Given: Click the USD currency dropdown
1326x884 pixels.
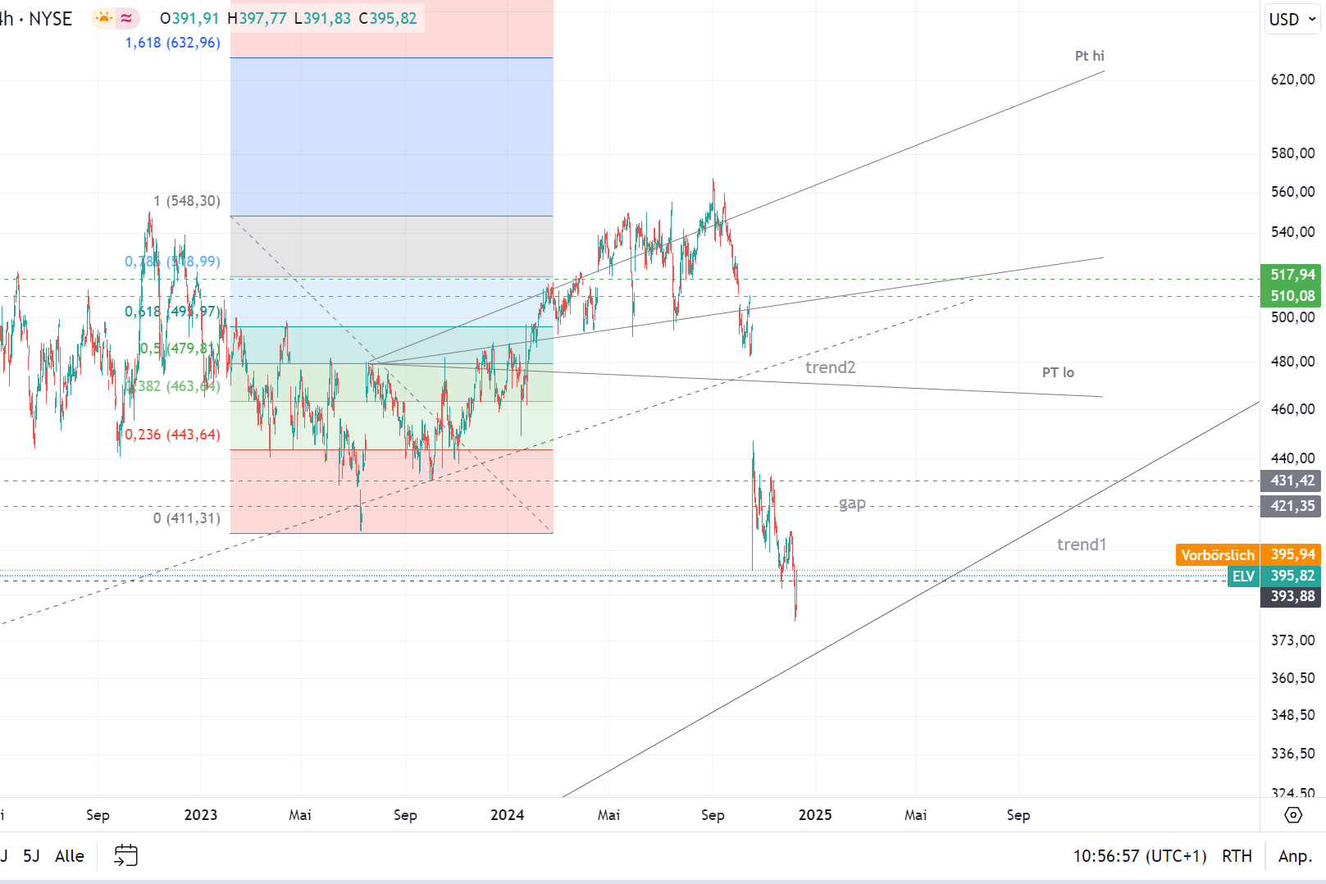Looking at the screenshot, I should click(1292, 20).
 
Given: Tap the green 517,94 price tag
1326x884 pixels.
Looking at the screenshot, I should click(1292, 275).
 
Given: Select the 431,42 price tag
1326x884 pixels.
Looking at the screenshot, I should click(1292, 481).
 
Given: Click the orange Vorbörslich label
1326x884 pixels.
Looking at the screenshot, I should click(1217, 555).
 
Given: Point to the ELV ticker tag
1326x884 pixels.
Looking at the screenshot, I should click(1243, 576).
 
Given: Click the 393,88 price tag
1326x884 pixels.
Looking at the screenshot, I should click(1292, 597).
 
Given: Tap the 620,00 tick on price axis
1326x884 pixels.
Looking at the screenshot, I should click(1292, 80).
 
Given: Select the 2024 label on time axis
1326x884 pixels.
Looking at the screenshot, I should click(507, 815).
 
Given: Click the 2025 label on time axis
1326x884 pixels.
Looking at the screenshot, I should click(815, 815).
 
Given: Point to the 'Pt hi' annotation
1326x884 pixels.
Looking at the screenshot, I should click(1089, 56).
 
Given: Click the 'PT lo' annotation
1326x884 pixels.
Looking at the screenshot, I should click(1058, 372).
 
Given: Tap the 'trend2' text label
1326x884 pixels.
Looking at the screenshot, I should click(830, 367).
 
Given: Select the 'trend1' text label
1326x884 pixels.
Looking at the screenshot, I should click(1081, 545).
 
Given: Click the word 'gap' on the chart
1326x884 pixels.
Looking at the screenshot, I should click(852, 504).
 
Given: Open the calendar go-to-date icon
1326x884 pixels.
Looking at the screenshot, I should click(125, 856).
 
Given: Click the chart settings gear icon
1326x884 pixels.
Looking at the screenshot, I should click(1292, 815).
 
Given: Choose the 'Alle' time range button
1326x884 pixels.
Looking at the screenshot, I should click(70, 856).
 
